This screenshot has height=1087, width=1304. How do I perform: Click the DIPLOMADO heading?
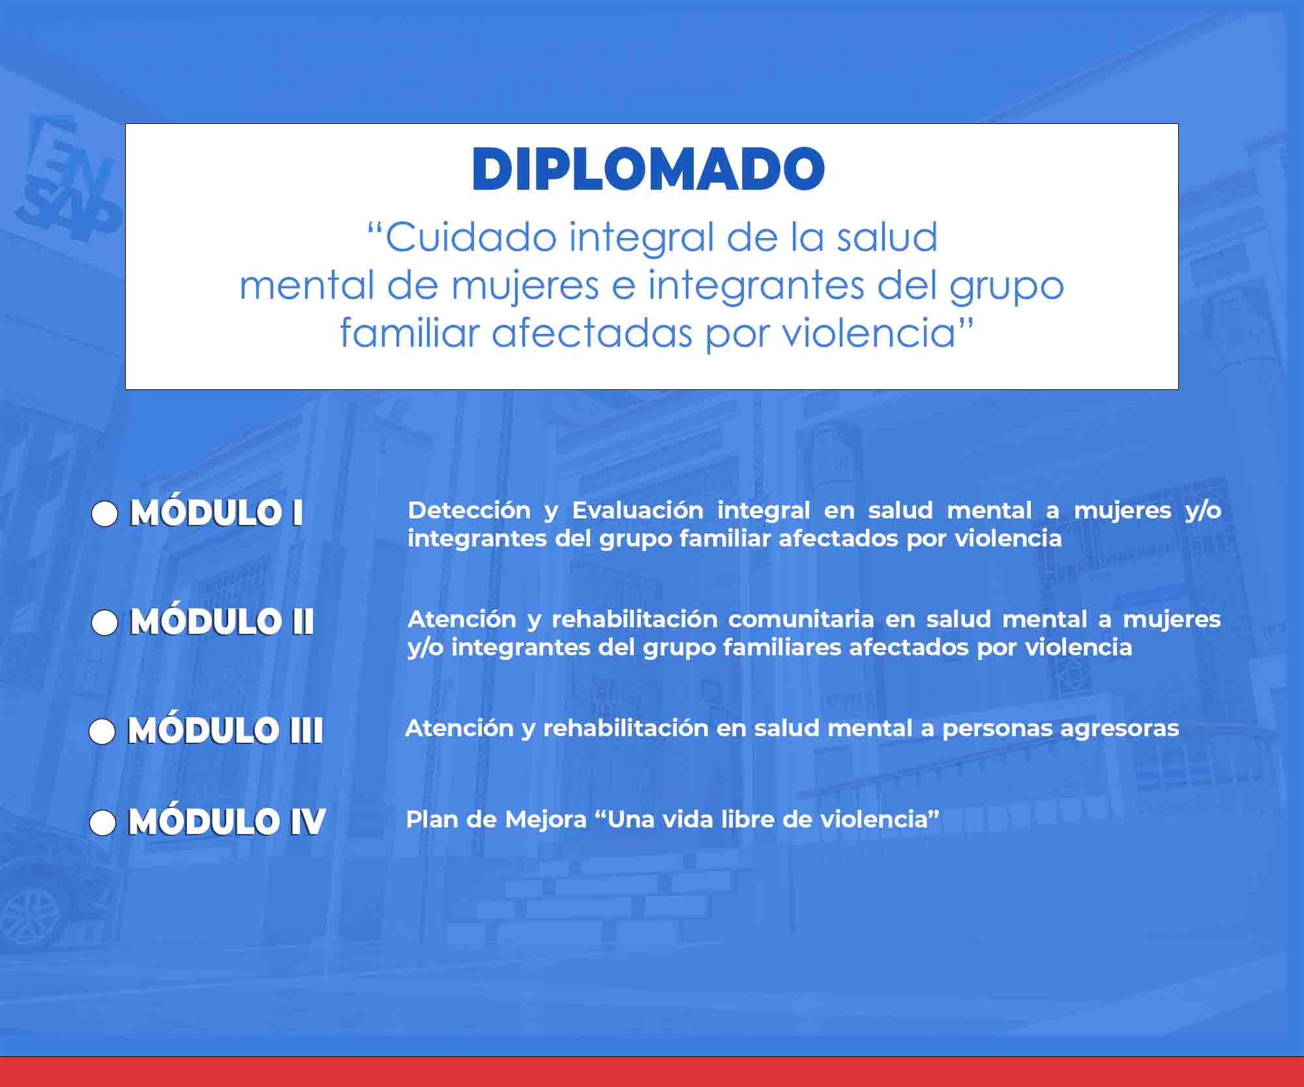[x=648, y=169]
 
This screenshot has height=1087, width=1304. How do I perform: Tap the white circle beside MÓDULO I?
[x=104, y=514]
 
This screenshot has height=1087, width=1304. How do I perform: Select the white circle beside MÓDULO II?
[x=104, y=623]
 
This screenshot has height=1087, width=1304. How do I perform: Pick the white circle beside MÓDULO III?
[x=102, y=732]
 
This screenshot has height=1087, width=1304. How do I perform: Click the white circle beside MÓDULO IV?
[x=102, y=823]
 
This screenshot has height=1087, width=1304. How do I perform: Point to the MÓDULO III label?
[x=225, y=730]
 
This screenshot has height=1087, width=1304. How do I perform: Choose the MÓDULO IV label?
[x=227, y=821]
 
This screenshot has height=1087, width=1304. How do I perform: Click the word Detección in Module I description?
[x=469, y=510]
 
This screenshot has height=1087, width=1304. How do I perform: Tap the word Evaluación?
[x=638, y=510]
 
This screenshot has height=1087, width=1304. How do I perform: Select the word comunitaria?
[x=801, y=619]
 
